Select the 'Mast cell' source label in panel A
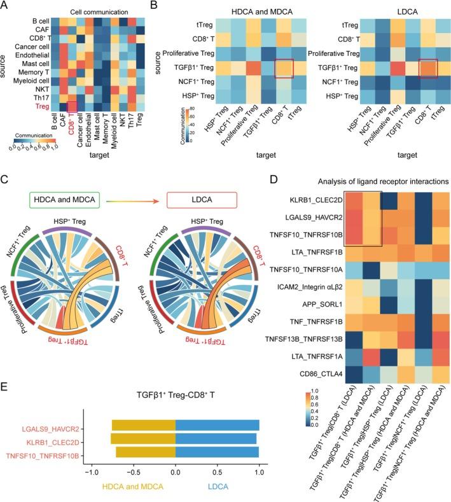(x=32, y=66)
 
